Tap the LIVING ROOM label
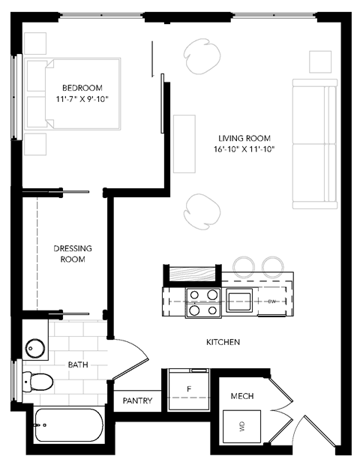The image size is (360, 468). tap(244, 138)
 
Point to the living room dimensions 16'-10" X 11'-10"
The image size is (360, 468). tap(244, 149)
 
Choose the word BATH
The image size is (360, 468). tap(78, 364)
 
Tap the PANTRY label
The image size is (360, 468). tap(137, 401)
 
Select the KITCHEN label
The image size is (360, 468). tap(223, 342)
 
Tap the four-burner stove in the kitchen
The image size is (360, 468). tap(202, 301)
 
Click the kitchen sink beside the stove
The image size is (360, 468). tap(240, 301)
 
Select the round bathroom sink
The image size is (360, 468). tap(36, 348)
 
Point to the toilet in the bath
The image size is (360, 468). tap(37, 381)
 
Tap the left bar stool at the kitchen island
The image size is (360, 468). tap(244, 265)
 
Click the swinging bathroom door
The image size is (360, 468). tap(126, 358)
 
